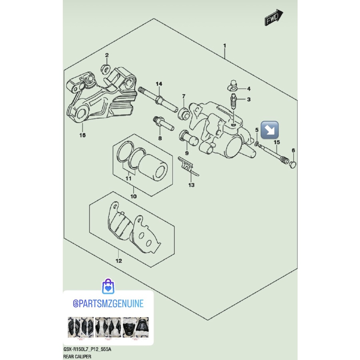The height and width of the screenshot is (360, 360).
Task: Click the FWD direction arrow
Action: (274, 18)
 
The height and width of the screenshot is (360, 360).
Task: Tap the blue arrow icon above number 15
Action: (270, 130)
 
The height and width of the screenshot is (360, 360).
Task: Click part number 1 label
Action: (224, 46)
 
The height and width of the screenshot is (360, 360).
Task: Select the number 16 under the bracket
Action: (83, 135)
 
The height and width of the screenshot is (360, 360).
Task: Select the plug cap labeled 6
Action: (293, 164)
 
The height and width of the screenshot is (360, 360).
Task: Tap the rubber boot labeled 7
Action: (184, 112)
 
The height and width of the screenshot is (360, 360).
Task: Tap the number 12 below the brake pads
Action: (118, 261)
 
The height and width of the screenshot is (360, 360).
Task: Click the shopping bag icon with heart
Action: (108, 286)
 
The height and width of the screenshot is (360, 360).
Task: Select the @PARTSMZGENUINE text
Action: (108, 304)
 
